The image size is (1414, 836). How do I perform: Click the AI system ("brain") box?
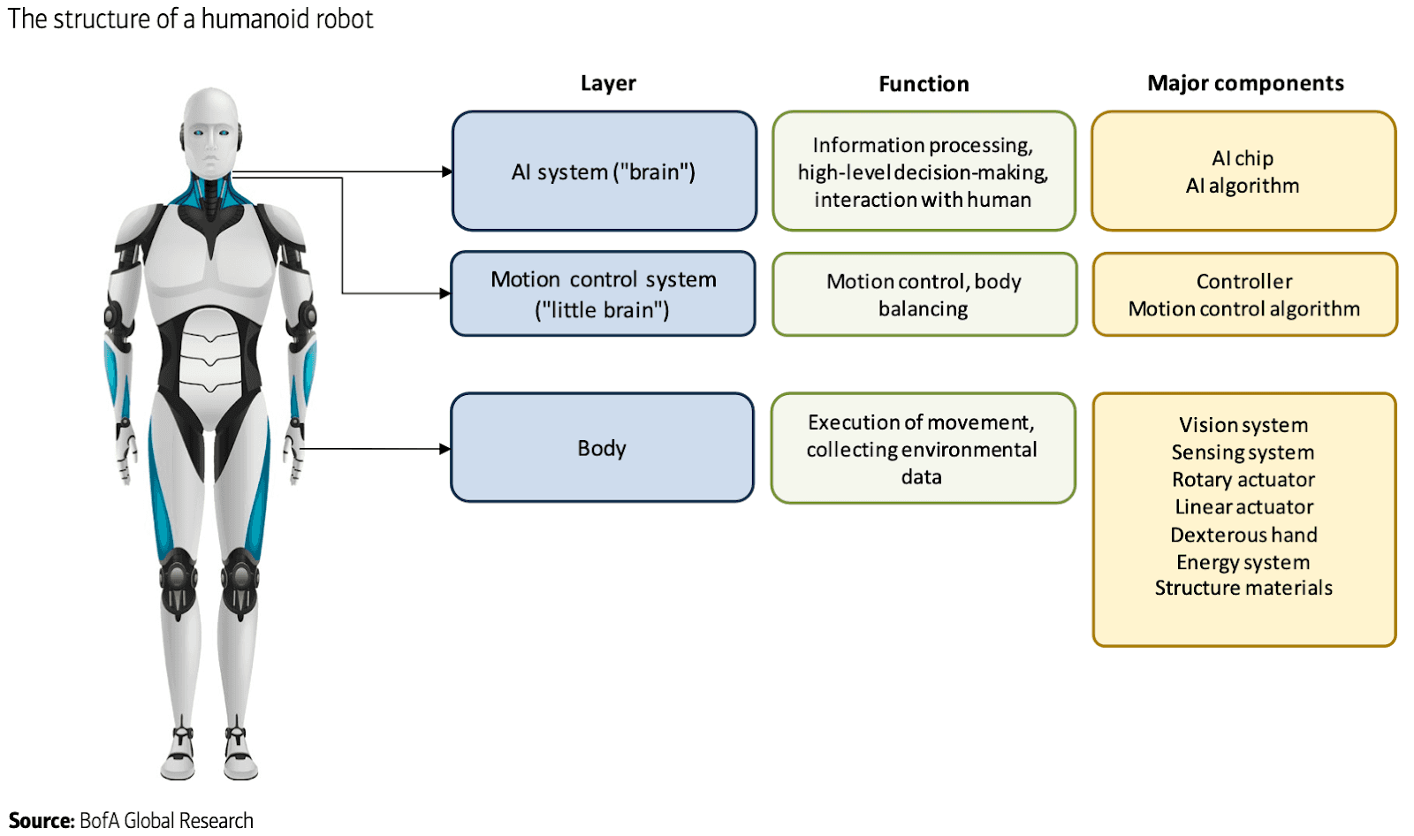click(604, 171)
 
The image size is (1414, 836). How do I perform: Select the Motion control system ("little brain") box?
click(604, 294)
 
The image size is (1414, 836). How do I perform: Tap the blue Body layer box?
click(602, 448)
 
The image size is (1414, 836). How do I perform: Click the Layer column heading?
click(608, 83)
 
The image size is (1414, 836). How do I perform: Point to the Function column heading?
click(924, 84)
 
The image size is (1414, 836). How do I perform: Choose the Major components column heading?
click(1244, 83)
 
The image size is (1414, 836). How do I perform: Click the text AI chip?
click(1243, 158)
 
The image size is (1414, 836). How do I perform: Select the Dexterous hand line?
click(1243, 535)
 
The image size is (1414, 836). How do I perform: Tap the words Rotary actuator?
click(1243, 480)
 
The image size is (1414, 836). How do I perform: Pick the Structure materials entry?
click(1243, 589)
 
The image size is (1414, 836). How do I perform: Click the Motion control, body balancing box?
click(924, 294)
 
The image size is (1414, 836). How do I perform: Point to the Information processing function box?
click(924, 171)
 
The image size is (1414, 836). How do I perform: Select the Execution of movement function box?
click(923, 449)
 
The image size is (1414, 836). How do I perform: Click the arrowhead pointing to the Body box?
click(445, 449)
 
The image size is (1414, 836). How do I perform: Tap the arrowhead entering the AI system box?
click(447, 171)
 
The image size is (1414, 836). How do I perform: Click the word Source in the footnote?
click(41, 821)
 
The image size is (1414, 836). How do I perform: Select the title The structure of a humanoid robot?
click(191, 19)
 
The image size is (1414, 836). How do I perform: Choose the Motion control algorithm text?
click(1243, 309)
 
